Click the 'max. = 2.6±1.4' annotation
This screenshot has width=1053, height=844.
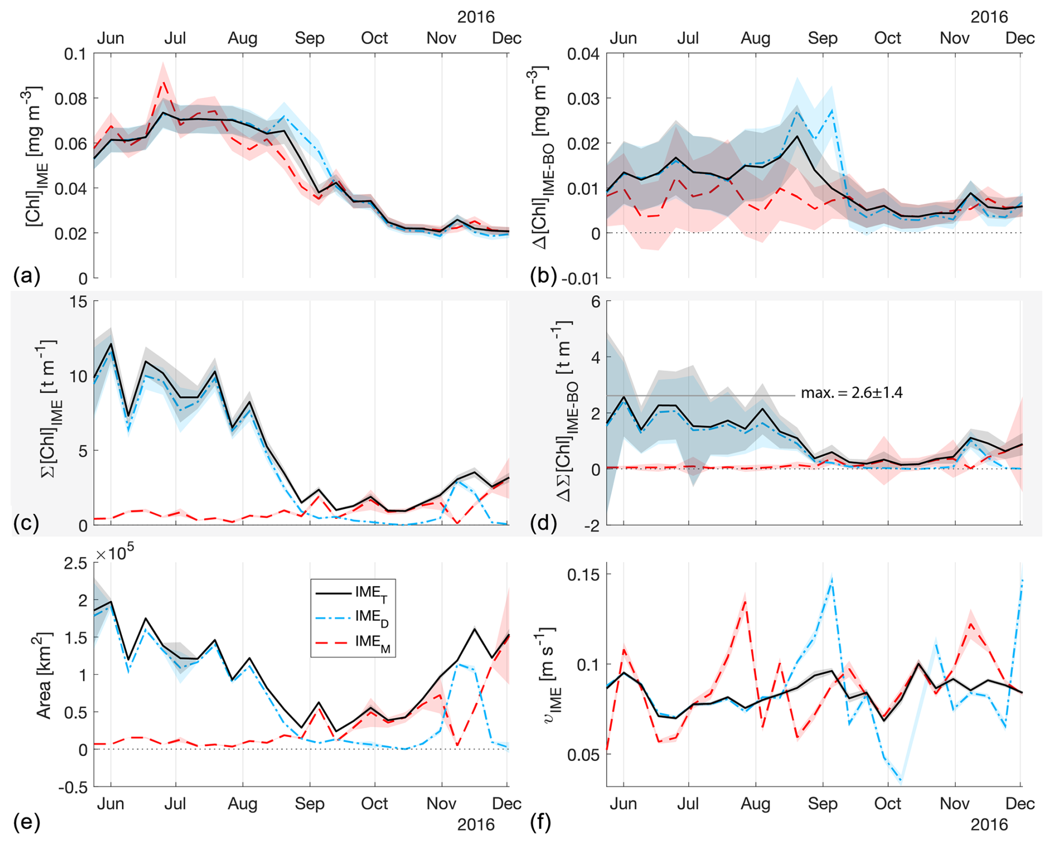tap(851, 393)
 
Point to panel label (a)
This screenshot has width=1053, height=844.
tap(26, 276)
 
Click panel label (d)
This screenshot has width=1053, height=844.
tap(543, 523)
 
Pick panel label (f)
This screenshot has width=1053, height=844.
tap(540, 822)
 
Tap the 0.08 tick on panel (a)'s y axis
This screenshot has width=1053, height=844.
tap(71, 99)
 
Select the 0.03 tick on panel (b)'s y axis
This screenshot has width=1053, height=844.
tap(583, 99)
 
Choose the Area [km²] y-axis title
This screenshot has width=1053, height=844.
tap(44, 675)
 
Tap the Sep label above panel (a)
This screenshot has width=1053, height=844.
tap(309, 38)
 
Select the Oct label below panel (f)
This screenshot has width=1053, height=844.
tap(887, 803)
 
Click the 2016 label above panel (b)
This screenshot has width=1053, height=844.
tap(989, 17)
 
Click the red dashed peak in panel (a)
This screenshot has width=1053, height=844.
tap(163, 82)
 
